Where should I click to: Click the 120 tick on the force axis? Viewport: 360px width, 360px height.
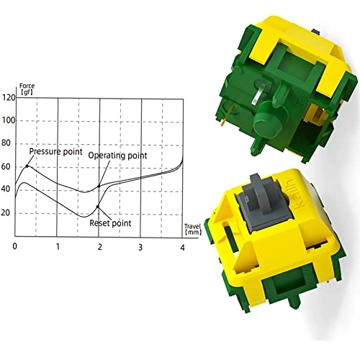tap(8, 97)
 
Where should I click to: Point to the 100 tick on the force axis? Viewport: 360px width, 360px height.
tap(8, 120)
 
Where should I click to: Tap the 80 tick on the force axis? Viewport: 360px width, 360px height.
tap(8, 143)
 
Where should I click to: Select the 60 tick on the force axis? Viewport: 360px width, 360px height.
tap(8, 166)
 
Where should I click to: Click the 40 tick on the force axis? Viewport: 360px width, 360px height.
tap(8, 189)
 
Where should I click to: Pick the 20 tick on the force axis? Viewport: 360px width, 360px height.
tap(8, 213)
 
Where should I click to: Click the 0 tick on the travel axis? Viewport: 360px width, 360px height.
tap(15, 247)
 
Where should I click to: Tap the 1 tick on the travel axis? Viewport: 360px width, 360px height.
tap(58, 247)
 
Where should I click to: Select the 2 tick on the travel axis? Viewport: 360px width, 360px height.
tap(99, 247)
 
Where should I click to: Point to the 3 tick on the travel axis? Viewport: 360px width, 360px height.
tap(141, 247)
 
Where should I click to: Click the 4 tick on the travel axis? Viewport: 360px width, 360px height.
tap(182, 247)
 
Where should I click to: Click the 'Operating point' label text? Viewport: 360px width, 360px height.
tap(117, 156)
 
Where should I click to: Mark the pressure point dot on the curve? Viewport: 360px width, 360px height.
tap(27, 166)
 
